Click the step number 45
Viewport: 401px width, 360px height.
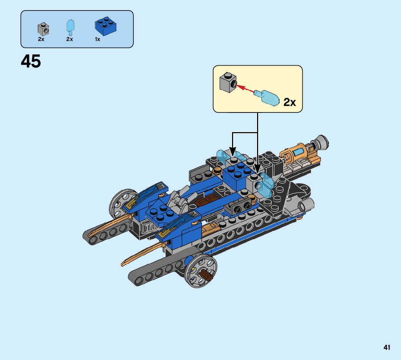point(31,61)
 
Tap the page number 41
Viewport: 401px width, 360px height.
point(386,347)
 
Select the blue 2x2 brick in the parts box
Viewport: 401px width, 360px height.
point(106,26)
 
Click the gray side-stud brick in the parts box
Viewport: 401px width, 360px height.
point(43,29)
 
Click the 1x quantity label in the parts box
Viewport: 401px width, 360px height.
point(98,39)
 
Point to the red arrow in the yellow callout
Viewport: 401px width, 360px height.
point(245,89)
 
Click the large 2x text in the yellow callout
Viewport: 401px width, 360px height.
point(289,102)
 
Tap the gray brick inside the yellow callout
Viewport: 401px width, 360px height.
point(228,82)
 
